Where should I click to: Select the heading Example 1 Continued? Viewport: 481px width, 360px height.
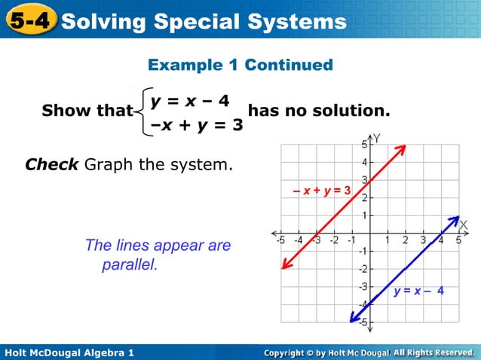240,66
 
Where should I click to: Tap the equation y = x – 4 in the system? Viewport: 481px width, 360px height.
190,99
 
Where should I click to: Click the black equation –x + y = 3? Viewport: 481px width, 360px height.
196,124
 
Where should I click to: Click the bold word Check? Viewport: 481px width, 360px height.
52,163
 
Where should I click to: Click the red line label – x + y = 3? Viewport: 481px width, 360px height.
322,191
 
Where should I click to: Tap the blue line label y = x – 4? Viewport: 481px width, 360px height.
418,291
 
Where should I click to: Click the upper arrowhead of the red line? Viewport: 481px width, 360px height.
403,148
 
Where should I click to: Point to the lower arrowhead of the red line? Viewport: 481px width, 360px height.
285,264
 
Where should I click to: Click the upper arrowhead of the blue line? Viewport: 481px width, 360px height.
455,220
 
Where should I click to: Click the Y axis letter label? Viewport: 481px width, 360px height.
376,139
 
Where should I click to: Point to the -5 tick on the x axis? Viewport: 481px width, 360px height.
280,241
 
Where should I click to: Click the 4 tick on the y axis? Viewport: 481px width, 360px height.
363,162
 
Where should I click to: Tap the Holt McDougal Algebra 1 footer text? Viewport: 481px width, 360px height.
69,352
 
